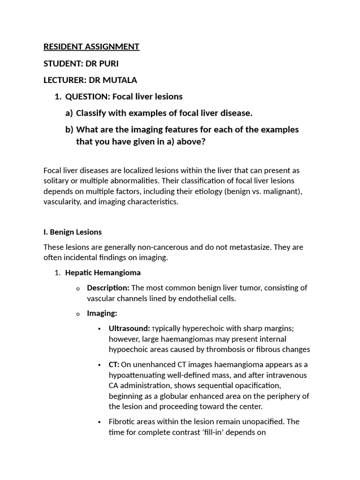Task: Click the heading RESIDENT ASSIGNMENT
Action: pos(91,46)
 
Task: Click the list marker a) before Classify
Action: pos(69,113)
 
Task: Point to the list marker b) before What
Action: pos(69,129)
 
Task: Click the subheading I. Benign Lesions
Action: pos(73,232)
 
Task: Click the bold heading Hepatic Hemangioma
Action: pos(103,272)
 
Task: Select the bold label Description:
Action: pos(108,288)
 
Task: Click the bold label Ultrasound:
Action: pos(129,329)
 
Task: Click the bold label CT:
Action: pos(114,365)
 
